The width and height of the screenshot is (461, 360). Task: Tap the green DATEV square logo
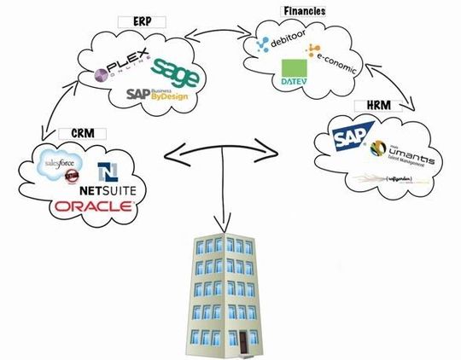[x=295, y=75]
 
